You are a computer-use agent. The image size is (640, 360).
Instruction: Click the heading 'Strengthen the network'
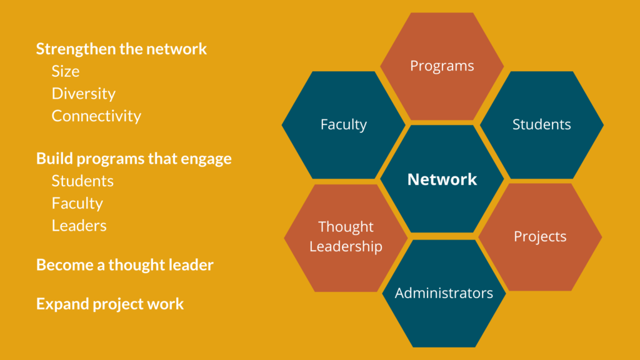click(121, 49)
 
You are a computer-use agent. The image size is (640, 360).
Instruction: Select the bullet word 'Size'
click(65, 71)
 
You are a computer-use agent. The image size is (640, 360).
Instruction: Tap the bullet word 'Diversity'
click(83, 94)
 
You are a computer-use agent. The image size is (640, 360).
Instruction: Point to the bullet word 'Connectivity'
click(96, 116)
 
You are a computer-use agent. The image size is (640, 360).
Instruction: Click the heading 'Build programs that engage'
click(134, 158)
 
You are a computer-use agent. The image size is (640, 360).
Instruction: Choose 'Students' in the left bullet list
click(82, 181)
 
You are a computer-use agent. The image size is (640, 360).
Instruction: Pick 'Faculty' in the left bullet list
click(77, 203)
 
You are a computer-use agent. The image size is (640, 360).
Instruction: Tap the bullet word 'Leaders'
click(79, 226)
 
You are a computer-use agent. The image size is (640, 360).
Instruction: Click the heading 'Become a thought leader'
click(124, 265)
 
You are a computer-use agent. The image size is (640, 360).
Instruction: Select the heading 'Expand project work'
click(110, 304)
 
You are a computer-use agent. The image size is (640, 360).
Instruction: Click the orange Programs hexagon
click(442, 66)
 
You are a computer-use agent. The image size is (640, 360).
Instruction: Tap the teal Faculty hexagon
click(344, 125)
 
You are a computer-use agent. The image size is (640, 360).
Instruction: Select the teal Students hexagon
click(542, 125)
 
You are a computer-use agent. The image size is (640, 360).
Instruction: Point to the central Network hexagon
click(442, 179)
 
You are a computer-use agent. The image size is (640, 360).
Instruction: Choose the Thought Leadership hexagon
click(346, 237)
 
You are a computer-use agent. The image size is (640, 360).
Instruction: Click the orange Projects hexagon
click(540, 237)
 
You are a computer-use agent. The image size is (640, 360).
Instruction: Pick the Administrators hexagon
click(444, 294)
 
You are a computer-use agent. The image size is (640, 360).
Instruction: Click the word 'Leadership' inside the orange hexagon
click(346, 246)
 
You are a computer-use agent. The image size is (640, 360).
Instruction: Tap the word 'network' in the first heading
click(176, 49)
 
